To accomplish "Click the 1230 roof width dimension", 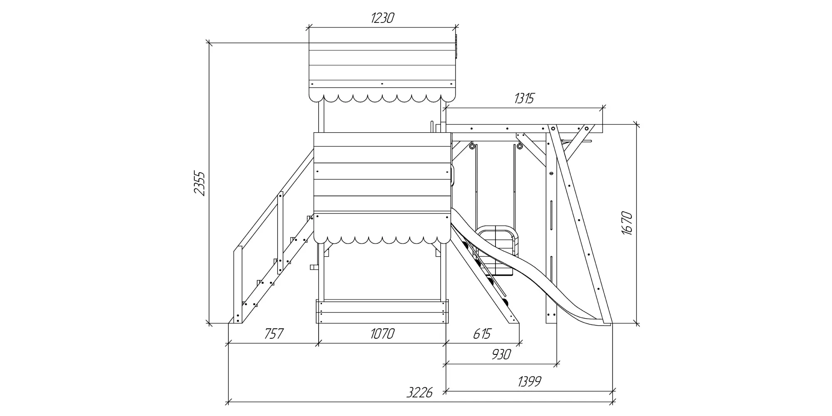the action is coord(382,18).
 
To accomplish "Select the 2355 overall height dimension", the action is coord(200,183).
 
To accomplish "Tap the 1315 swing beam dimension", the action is coord(524,98).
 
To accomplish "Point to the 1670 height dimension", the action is coord(627,223).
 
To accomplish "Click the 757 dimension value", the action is coord(274,334).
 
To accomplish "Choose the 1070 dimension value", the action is coord(382,334).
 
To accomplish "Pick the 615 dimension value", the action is coord(482,334).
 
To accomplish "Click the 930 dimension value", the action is coord(501,354).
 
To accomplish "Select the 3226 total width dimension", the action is coord(420,392).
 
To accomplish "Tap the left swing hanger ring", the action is coord(472,146).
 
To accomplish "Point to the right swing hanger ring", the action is coord(520,146).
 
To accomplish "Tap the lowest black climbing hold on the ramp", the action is coord(505,302).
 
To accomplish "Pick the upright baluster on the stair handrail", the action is coord(280,233).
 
